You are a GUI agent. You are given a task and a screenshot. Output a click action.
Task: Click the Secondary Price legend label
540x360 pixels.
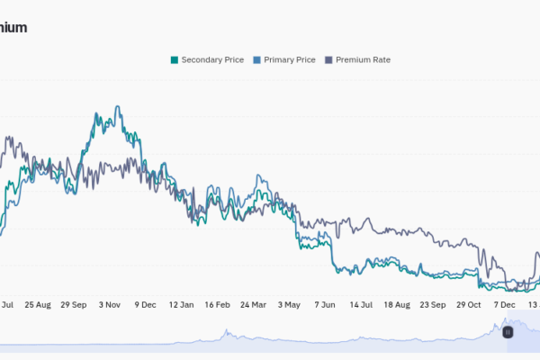(x=212, y=60)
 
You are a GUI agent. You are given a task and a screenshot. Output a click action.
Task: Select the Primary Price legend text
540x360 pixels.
(x=290, y=60)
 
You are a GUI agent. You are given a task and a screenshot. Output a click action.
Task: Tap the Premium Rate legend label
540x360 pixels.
(x=363, y=60)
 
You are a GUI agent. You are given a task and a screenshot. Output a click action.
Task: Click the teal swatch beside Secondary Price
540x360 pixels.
(x=175, y=60)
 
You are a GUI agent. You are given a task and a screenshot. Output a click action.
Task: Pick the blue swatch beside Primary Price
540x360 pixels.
(x=257, y=60)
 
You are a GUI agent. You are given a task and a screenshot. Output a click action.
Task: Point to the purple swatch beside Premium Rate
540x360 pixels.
(x=328, y=60)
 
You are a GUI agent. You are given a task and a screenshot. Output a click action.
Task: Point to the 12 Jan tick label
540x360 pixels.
(x=182, y=305)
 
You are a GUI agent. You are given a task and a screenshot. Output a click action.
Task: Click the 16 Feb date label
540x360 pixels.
(x=222, y=305)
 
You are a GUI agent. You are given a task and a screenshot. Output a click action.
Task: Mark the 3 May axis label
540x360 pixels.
(x=290, y=305)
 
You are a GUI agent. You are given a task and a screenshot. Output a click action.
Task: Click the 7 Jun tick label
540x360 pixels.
(x=326, y=305)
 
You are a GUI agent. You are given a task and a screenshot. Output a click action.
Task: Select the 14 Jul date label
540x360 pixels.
(x=361, y=305)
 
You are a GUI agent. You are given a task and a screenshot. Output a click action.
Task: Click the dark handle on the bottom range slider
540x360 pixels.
(x=508, y=332)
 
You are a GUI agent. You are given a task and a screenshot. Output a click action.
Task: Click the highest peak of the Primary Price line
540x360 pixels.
(x=117, y=107)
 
